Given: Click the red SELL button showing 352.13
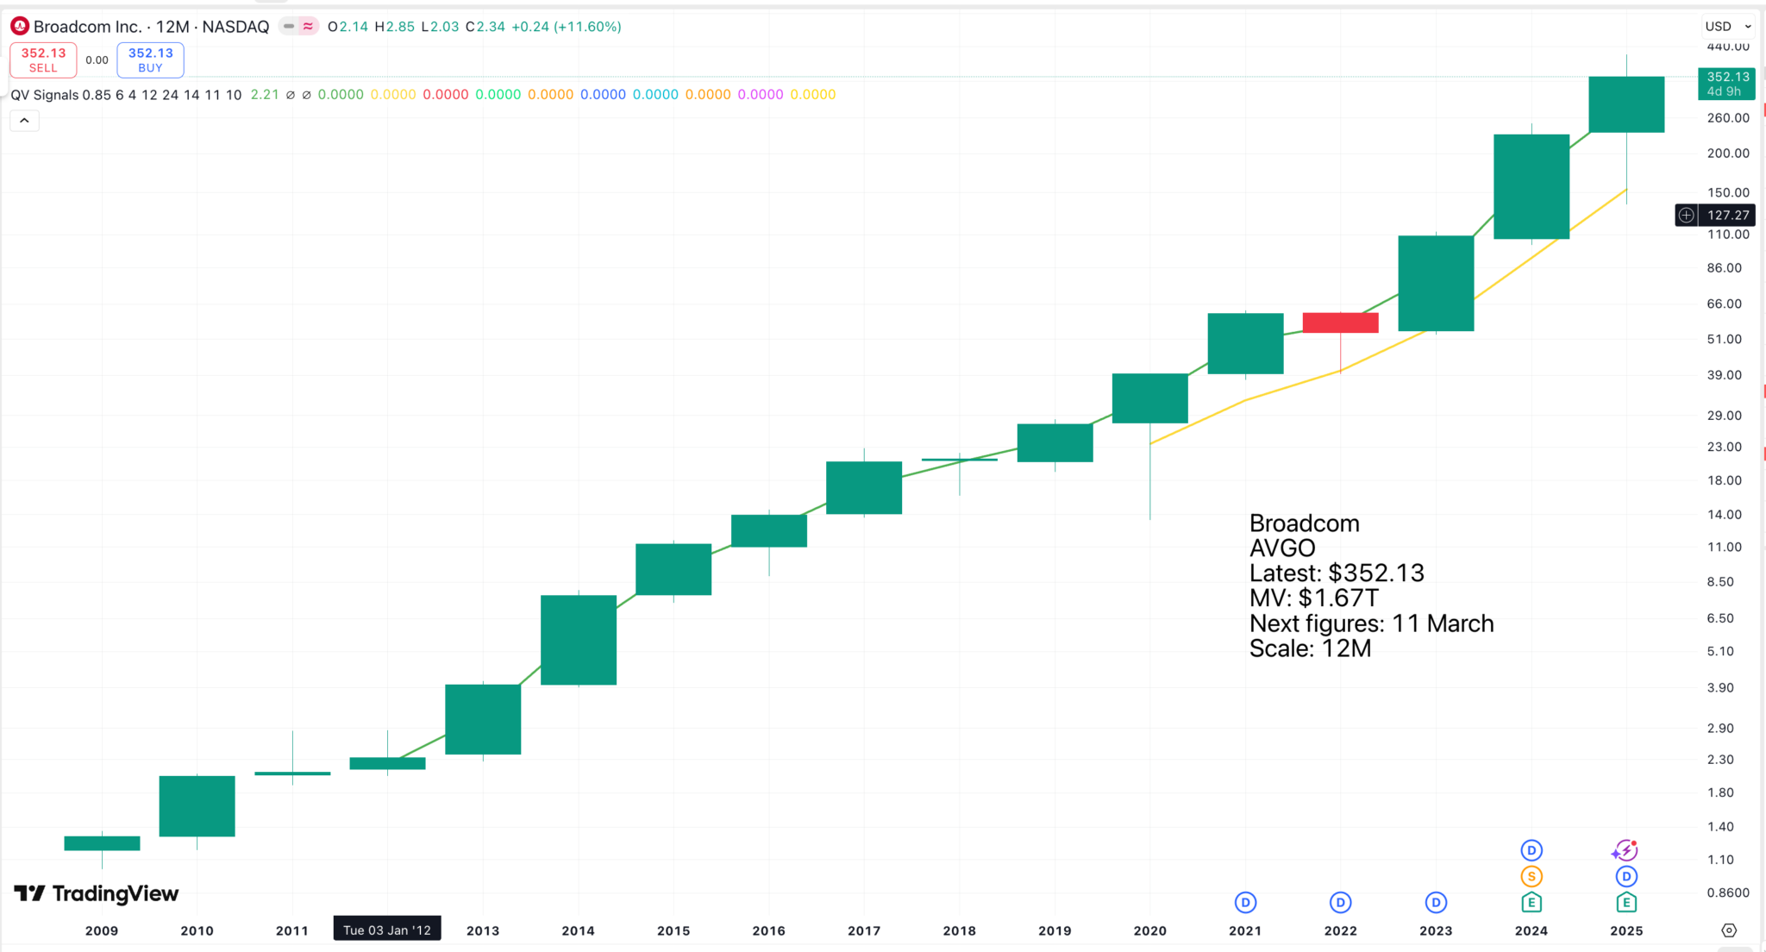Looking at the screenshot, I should pos(43,60).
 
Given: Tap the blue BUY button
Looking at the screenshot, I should pos(150,60).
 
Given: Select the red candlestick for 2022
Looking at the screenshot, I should pos(1340,323).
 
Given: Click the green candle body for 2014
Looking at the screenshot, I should pos(578,640).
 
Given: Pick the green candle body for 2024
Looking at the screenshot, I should pos(1531,186).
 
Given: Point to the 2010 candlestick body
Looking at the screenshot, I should pos(197,805).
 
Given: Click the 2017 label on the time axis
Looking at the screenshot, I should pos(863,930).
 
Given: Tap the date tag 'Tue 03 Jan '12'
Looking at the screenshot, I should pos(387,930).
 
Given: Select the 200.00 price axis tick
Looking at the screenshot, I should pos(1728,153).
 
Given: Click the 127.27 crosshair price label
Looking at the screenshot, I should pos(1727,215).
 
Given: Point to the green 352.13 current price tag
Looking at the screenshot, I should pos(1727,83).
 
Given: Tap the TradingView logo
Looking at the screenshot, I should pos(97,893).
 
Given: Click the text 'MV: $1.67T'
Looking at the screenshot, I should pos(1313,598).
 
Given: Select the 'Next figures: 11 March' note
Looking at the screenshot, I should pos(1371,623).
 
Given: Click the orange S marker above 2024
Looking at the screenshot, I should pos(1531,877).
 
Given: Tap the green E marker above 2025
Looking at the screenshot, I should pos(1625,903).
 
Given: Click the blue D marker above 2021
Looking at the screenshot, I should pos(1244,903).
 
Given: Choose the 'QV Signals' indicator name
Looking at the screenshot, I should pos(44,95).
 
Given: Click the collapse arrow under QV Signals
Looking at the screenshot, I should pos(24,121).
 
